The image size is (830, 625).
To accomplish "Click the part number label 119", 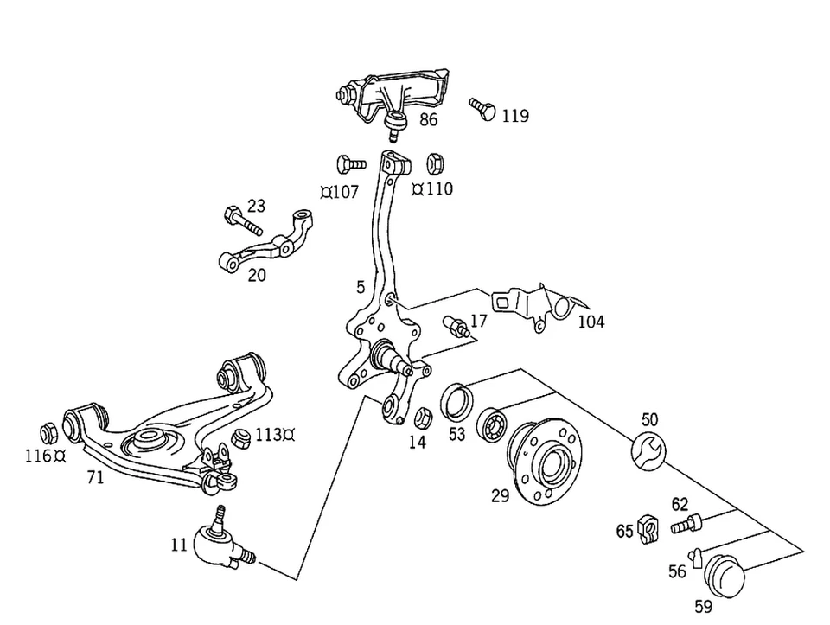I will (x=515, y=116).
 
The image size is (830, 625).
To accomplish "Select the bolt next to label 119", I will (x=482, y=109).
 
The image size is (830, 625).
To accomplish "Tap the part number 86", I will (x=429, y=120).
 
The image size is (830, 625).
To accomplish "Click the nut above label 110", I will (x=437, y=163).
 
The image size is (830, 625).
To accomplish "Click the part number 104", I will (x=591, y=322).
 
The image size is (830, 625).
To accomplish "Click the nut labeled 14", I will (x=422, y=418).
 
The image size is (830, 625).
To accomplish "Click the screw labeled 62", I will (x=686, y=522).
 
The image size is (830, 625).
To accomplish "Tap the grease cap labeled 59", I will (x=725, y=574).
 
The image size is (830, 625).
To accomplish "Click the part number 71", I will (x=95, y=476).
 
